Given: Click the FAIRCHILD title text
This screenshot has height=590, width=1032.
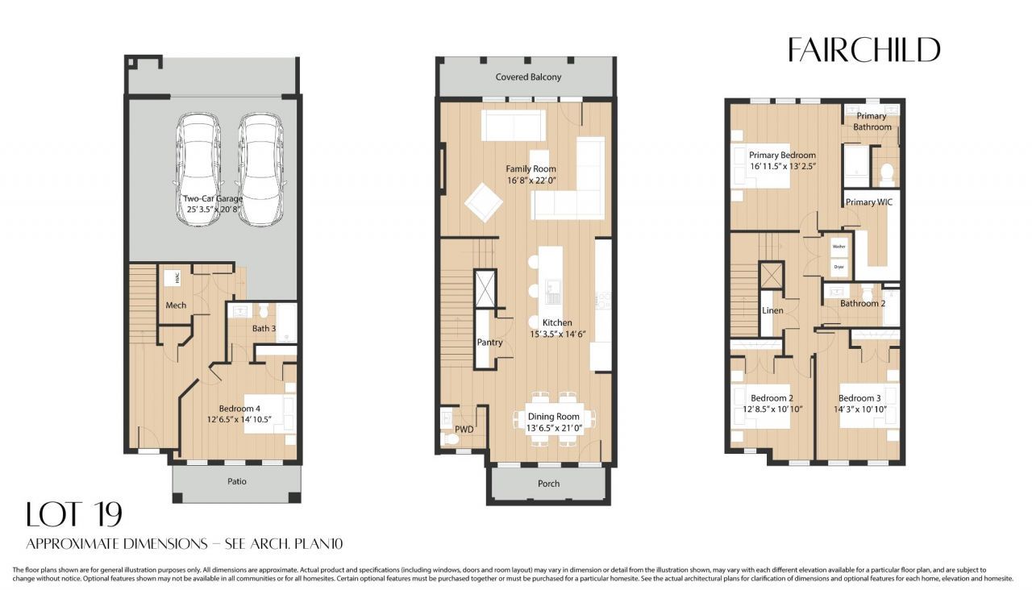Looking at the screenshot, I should [x=863, y=50].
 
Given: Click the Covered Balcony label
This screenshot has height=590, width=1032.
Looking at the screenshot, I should [x=528, y=77].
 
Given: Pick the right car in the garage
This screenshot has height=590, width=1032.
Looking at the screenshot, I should [x=259, y=168].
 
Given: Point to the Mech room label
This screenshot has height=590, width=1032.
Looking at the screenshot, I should [x=176, y=305].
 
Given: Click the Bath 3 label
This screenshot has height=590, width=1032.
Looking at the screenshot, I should [x=263, y=328].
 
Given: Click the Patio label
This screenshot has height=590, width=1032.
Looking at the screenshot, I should [x=236, y=481].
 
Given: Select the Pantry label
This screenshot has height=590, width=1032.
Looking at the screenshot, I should [x=489, y=343].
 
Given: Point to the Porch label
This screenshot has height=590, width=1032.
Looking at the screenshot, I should [x=548, y=484].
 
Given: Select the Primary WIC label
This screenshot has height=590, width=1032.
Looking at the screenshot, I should [x=868, y=202].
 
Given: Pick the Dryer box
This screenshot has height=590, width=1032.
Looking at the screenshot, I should [x=838, y=265].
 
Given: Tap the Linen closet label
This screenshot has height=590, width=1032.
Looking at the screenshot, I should [x=772, y=311].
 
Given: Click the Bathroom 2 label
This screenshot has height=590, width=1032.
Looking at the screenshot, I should [x=863, y=304].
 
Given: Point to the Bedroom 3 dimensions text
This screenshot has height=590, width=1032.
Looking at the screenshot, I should [x=859, y=409].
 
